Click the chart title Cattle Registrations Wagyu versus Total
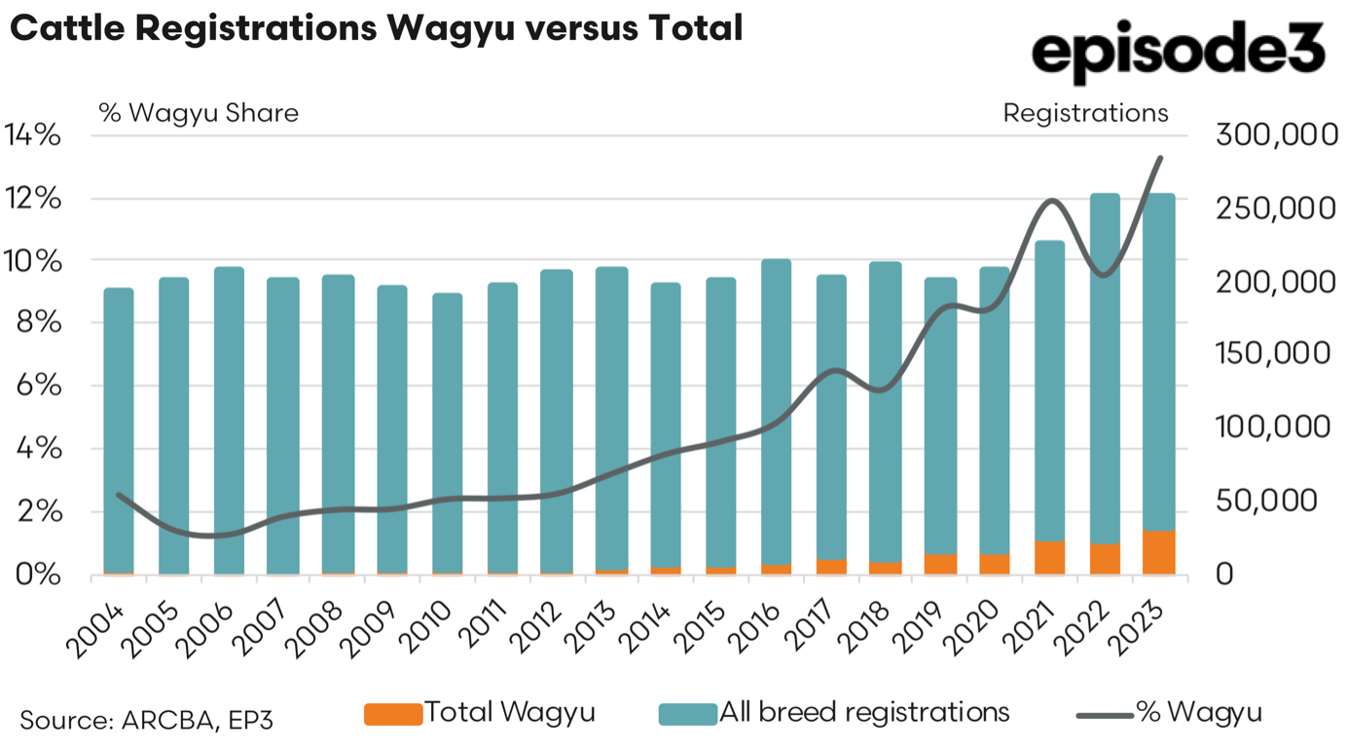point(377,28)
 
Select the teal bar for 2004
point(119,429)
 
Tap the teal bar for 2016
point(776,409)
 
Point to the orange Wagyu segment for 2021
point(1050,557)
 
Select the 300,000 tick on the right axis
point(1278,135)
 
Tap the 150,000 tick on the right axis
point(1278,354)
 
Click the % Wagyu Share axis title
point(199,113)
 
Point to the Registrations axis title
point(1085,113)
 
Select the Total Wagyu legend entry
point(480,713)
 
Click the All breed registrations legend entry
point(834,713)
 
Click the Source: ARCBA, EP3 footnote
point(147,721)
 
